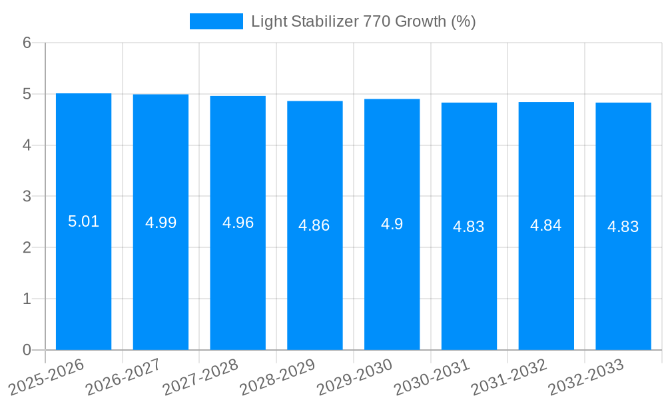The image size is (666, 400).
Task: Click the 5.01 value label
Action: [x=83, y=221]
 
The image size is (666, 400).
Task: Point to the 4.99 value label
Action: [x=161, y=223]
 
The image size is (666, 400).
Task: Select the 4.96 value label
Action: [x=238, y=223]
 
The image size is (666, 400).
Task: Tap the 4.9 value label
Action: [x=392, y=224]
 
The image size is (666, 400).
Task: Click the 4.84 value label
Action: [x=545, y=225]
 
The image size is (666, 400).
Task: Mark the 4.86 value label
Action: [x=314, y=225]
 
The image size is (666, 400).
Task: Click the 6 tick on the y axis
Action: [x=27, y=43]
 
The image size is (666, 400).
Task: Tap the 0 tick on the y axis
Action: [x=27, y=350]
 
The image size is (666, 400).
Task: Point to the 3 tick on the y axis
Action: [x=27, y=197]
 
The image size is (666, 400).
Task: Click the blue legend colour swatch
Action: [x=216, y=21]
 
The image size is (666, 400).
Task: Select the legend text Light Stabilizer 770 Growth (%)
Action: [x=363, y=21]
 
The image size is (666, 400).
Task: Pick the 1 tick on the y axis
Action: [x=27, y=299]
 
